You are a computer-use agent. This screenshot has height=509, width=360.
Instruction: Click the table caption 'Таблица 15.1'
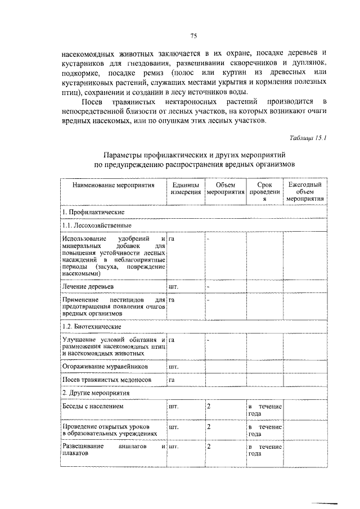[308, 137]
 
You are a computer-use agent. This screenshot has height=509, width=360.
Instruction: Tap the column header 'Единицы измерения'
[186, 188]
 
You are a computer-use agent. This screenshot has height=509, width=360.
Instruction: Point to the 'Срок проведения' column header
[264, 191]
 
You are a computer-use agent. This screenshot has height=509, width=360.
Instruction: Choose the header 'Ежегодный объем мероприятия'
[304, 191]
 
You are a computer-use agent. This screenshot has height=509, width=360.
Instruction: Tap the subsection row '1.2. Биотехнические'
[92, 326]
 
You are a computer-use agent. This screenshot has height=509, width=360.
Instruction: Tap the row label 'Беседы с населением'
[93, 406]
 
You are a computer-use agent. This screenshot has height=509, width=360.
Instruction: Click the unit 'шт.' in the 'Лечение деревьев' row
[173, 286]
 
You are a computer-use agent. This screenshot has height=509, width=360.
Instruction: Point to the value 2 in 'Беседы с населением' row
[209, 406]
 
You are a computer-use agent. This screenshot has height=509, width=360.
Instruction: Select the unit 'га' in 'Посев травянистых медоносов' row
[172, 380]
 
